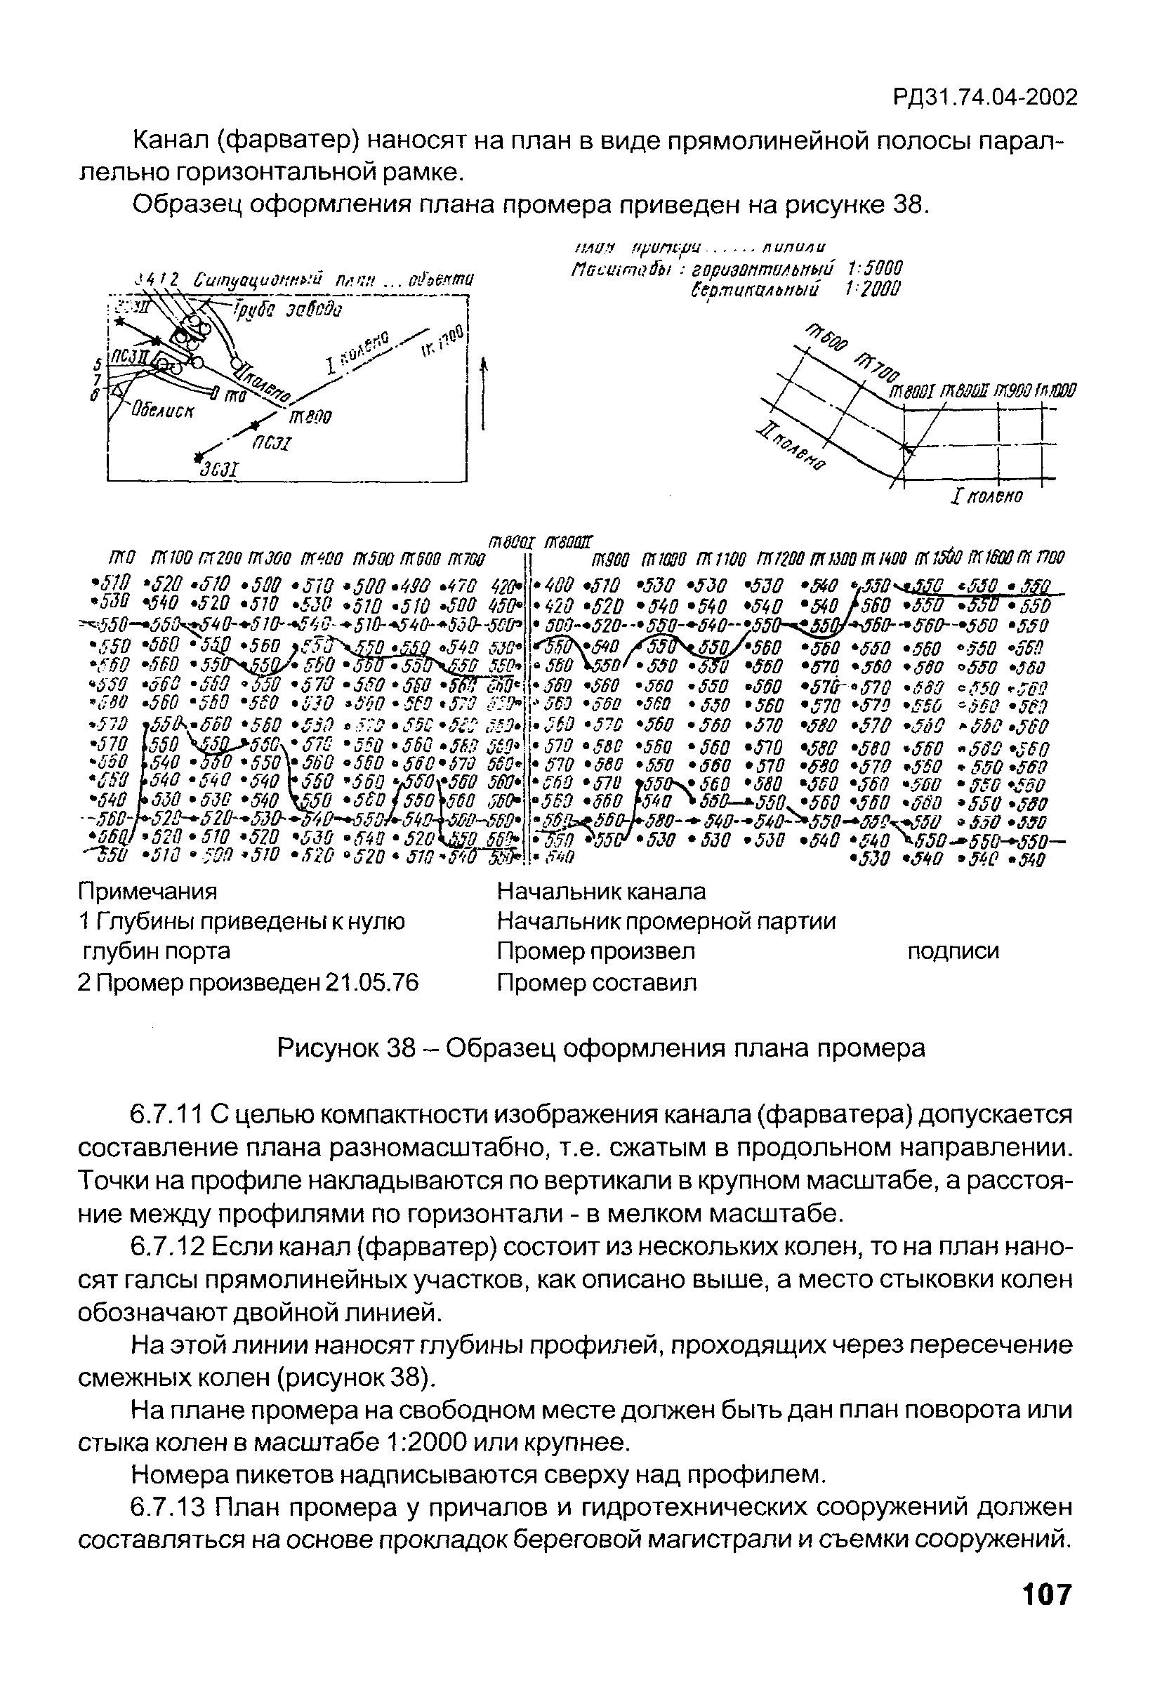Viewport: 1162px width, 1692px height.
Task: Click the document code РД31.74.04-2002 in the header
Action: coord(984,98)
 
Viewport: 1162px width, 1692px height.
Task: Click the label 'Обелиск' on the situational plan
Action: coord(163,411)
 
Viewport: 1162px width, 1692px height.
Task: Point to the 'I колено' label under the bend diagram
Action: coord(986,497)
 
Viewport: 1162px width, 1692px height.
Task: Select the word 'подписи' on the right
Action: coord(953,951)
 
